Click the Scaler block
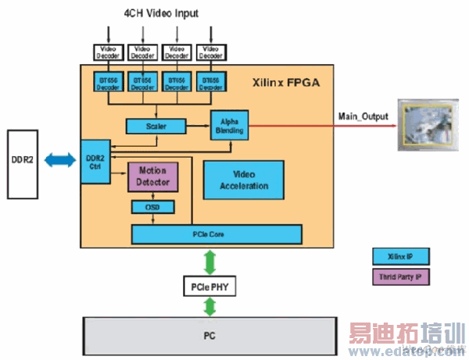click(155, 125)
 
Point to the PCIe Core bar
click(217, 233)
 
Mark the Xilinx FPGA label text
click(285, 82)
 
